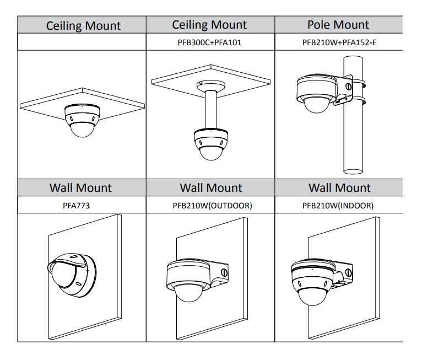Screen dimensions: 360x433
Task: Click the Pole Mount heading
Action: pos(338,25)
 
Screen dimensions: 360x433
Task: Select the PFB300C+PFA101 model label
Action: pos(210,42)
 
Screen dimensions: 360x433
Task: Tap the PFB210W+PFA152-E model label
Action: pos(338,42)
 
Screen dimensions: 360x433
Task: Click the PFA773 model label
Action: pos(81,206)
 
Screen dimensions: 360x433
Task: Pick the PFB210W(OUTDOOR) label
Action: pos(210,206)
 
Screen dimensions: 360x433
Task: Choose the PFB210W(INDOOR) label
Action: pos(338,206)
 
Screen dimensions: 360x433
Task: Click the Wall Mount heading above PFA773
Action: pos(81,188)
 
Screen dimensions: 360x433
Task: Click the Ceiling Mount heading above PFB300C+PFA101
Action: pos(210,25)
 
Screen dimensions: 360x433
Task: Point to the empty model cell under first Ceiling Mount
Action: pos(82,42)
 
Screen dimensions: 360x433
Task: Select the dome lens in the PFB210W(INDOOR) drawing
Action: pos(311,298)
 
